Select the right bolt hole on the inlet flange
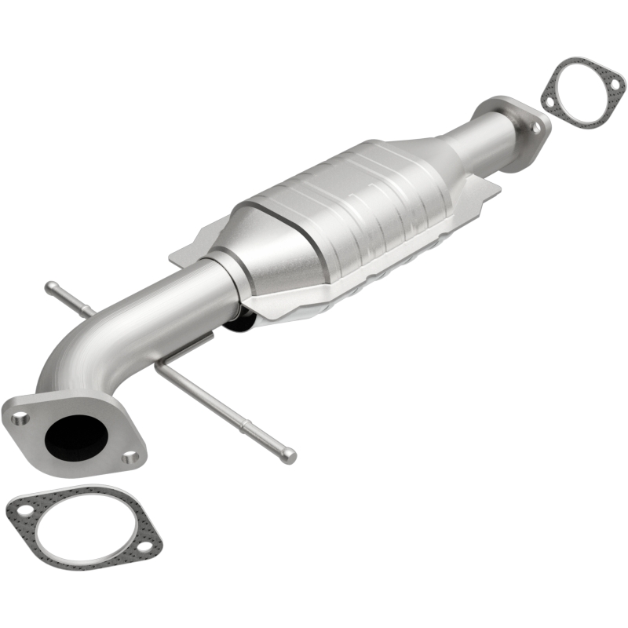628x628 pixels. pyautogui.click(x=132, y=456)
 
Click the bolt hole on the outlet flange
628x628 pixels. pyautogui.click(x=536, y=126)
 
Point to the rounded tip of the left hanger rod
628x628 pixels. pyautogui.click(x=49, y=286)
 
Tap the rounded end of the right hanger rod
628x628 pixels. pyautogui.click(x=290, y=455)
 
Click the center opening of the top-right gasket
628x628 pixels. pyautogui.click(x=583, y=93)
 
